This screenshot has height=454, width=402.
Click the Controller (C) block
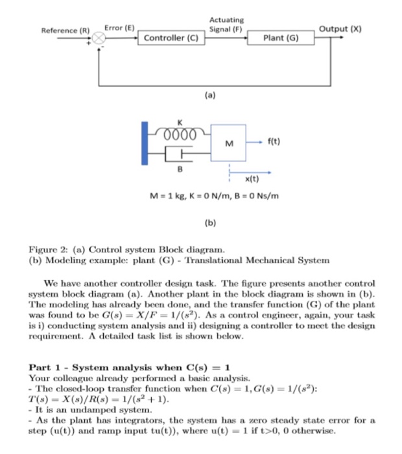pyautogui.click(x=171, y=38)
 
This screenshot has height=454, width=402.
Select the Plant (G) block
pyautogui.click(x=281, y=38)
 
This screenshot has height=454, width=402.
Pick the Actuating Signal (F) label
pyautogui.click(x=226, y=25)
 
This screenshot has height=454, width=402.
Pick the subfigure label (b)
pyautogui.click(x=209, y=223)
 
